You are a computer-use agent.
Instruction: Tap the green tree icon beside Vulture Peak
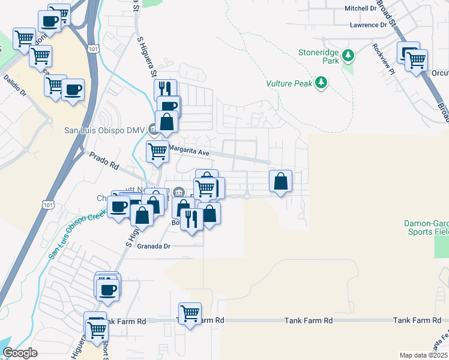(x=322, y=83)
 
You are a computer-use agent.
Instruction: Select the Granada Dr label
(x=154, y=246)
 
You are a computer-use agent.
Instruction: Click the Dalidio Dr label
(x=15, y=85)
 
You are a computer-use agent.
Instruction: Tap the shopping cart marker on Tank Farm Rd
(x=190, y=313)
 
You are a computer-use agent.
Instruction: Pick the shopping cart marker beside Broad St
(x=417, y=60)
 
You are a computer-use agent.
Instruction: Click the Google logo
(x=20, y=353)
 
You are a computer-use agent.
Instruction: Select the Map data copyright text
(x=423, y=355)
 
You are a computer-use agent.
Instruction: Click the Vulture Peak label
(x=289, y=83)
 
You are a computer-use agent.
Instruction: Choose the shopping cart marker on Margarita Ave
(x=157, y=151)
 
